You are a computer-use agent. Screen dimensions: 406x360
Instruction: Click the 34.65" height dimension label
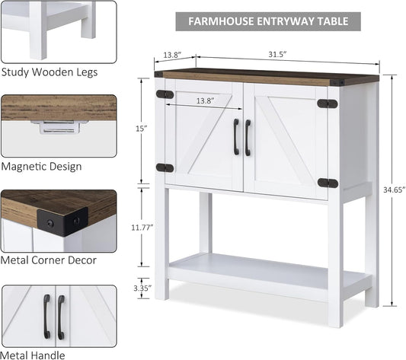(394, 190)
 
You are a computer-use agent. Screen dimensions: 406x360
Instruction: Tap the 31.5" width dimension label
(277, 54)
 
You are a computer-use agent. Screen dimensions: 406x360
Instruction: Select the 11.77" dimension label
(142, 228)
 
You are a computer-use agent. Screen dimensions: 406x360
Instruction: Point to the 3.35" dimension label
(142, 288)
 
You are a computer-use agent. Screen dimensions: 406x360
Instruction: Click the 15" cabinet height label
(142, 129)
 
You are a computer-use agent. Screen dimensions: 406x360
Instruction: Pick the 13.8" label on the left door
(206, 100)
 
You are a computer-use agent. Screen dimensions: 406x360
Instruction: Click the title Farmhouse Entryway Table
(268, 21)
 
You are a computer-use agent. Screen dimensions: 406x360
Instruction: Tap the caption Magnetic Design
(41, 166)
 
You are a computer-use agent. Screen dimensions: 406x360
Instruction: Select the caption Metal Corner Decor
(49, 260)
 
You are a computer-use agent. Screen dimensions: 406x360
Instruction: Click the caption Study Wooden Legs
(50, 72)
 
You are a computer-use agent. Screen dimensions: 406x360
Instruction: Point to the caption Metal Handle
(33, 355)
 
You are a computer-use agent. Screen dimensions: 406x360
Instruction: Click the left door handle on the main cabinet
(236, 137)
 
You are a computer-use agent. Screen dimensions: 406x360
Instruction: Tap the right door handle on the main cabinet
(248, 138)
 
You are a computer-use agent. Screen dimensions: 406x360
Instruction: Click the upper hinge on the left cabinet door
(165, 94)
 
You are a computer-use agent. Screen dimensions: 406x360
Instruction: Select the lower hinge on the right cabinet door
(328, 183)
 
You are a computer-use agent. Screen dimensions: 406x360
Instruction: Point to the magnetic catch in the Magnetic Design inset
(59, 127)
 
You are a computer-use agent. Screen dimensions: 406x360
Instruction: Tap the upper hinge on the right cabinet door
(328, 104)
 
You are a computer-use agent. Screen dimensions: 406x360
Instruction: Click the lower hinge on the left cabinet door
(165, 168)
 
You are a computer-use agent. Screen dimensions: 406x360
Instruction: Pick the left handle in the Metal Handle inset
(47, 317)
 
